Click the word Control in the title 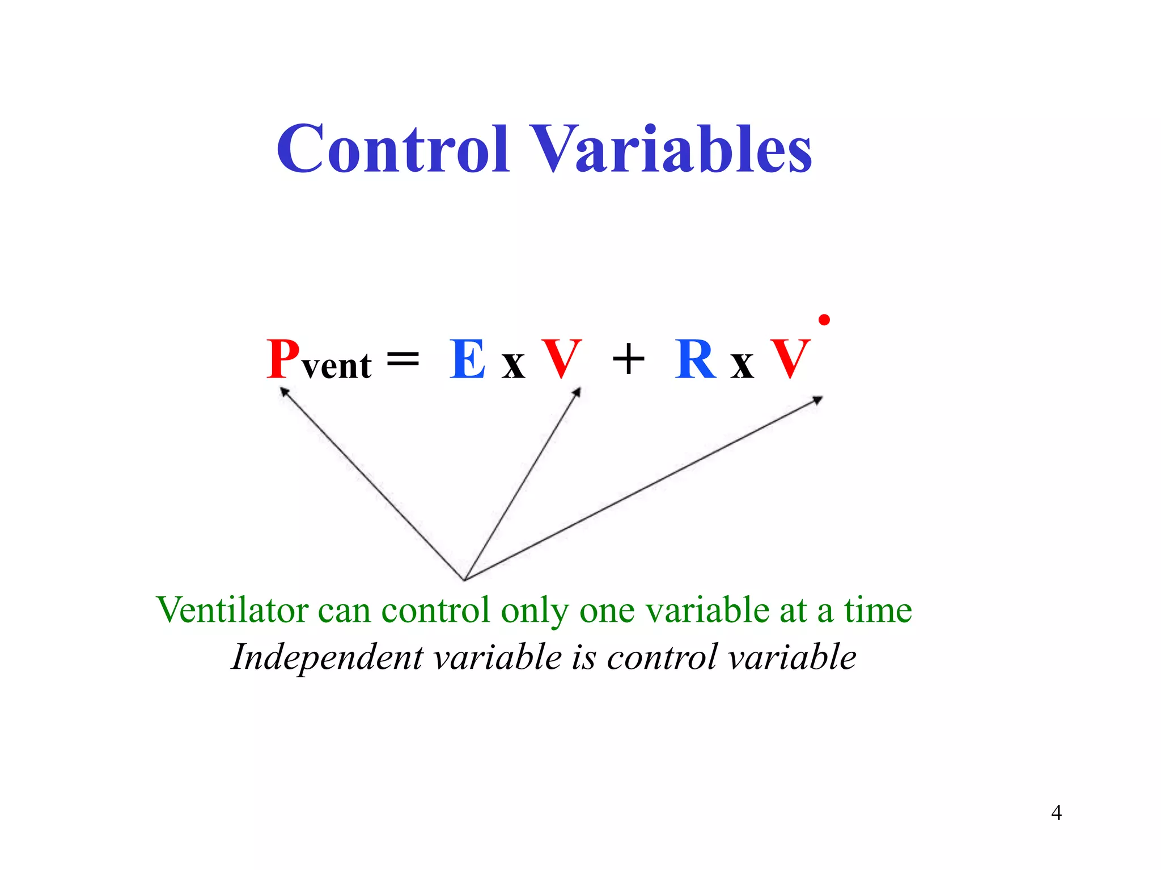click(x=392, y=148)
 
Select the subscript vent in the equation click(x=337, y=366)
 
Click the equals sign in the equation click(x=402, y=358)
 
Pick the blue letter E click(x=468, y=359)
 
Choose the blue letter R click(x=695, y=359)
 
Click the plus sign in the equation click(x=628, y=359)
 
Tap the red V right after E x click(x=561, y=359)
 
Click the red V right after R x click(x=790, y=359)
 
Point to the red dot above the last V click(x=824, y=320)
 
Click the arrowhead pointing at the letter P click(x=285, y=391)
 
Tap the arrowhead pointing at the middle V click(x=577, y=392)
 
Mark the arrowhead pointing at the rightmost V click(x=817, y=400)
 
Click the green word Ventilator click(x=232, y=610)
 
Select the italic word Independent click(x=327, y=657)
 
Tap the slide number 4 click(x=1056, y=813)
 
